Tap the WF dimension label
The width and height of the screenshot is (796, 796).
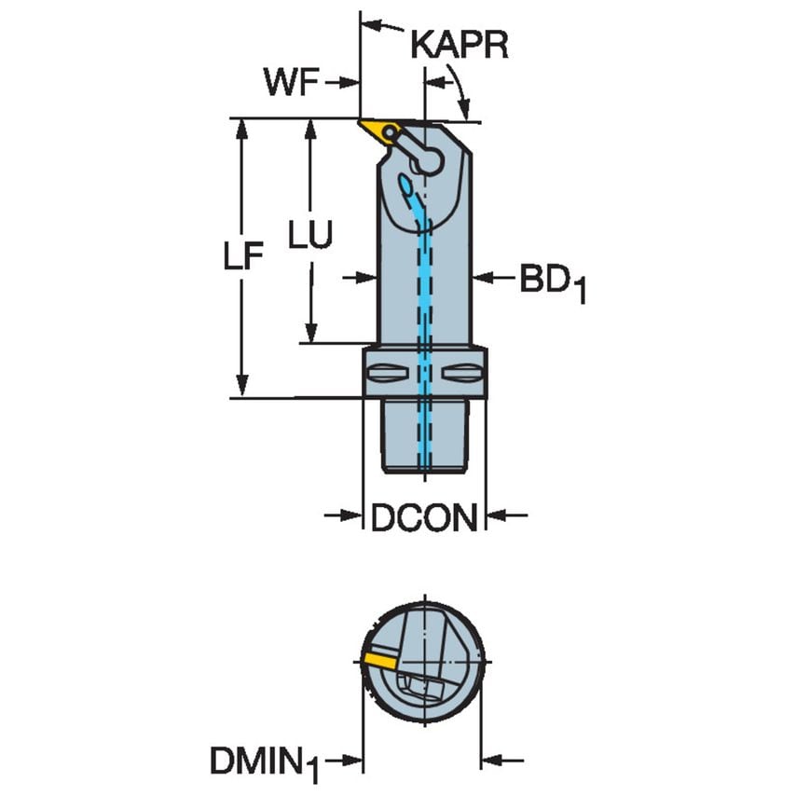tap(292, 83)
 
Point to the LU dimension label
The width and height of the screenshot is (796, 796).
tap(309, 236)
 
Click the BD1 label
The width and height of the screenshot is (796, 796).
tap(552, 281)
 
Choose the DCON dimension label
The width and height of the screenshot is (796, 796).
tap(424, 518)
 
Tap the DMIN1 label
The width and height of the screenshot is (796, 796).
tap(264, 766)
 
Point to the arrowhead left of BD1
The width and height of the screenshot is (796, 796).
tap(481, 277)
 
